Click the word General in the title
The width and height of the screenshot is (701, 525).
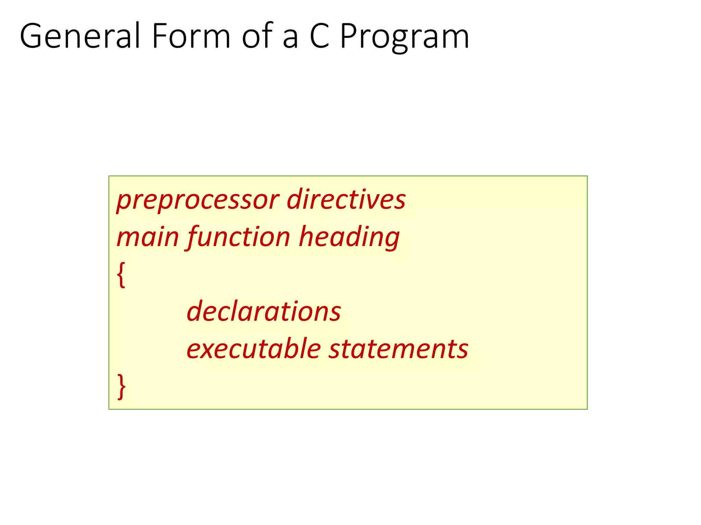click(x=80, y=36)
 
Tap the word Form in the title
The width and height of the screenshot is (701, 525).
click(x=191, y=36)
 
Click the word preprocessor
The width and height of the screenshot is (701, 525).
click(x=198, y=200)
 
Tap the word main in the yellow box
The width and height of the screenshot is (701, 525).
click(x=148, y=237)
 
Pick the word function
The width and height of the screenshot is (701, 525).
click(x=239, y=238)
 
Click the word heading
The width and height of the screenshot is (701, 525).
click(x=349, y=238)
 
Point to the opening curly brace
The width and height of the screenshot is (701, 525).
click(x=121, y=275)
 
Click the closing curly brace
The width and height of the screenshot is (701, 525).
click(x=121, y=387)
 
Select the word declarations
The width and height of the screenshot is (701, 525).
click(x=264, y=311)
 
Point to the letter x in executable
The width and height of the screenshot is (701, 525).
click(x=209, y=350)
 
